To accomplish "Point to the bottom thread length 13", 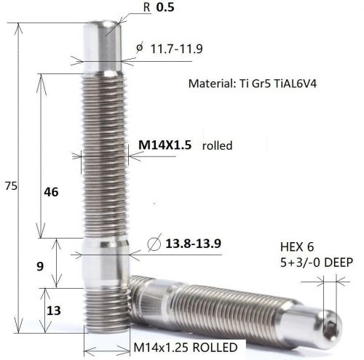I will tap(52, 311).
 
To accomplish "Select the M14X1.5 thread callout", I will tap(165, 145).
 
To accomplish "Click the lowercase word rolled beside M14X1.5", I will tap(217, 145).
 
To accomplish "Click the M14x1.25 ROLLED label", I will tap(185, 348).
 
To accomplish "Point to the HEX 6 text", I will tap(296, 247).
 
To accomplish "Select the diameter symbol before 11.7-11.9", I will tap(139, 49).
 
